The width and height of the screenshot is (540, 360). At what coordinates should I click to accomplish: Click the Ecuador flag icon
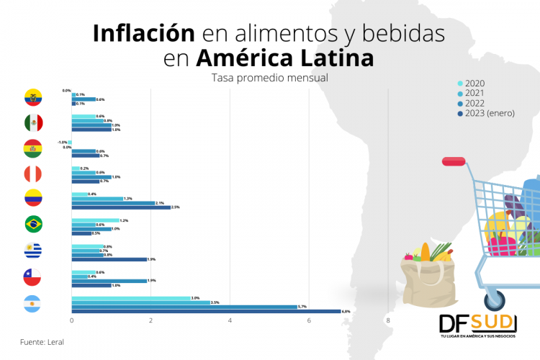pyautogui.click(x=33, y=98)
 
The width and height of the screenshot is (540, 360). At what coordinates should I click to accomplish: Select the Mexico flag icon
pyautogui.click(x=33, y=123)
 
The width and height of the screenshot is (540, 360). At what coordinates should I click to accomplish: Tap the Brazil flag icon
pyautogui.click(x=33, y=224)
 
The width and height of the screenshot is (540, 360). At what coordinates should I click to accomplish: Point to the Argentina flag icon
pyautogui.click(x=33, y=303)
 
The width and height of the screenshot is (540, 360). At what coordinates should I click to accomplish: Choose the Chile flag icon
pyautogui.click(x=33, y=276)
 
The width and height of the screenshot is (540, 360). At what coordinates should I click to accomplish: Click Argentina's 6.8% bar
pyautogui.click(x=206, y=311)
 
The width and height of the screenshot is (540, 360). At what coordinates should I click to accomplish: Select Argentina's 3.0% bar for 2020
pyautogui.click(x=130, y=298)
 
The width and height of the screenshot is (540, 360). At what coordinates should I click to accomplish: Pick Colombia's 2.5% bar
pyautogui.click(x=121, y=207)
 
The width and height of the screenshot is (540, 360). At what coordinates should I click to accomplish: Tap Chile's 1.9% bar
pyautogui.click(x=109, y=281)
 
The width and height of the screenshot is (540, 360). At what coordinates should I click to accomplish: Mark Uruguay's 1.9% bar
pyautogui.click(x=109, y=259)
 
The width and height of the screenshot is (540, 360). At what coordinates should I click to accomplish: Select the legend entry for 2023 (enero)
pyautogui.click(x=485, y=113)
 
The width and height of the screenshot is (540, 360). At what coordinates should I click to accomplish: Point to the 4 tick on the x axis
pyautogui.click(x=230, y=320)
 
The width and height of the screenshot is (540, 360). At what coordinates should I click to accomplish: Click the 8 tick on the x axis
pyautogui.click(x=388, y=320)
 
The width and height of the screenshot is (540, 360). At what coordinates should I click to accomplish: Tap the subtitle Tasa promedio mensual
pyautogui.click(x=269, y=77)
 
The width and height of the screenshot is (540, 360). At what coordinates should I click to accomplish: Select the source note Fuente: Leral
pyautogui.click(x=42, y=341)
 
